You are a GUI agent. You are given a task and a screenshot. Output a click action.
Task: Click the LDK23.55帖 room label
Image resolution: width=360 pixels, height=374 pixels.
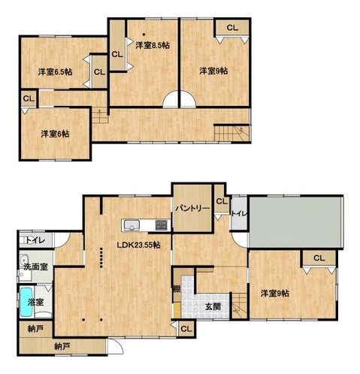[139, 245]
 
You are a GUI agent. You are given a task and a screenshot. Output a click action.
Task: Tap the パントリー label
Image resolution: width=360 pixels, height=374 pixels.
[192, 208]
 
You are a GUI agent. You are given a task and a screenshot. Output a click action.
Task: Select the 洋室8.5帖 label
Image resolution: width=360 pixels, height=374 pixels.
[153, 45]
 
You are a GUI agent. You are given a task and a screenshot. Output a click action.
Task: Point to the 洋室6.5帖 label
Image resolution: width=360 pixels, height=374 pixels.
[56, 72]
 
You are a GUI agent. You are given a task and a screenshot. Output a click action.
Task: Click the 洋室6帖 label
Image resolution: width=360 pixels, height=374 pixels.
[55, 134]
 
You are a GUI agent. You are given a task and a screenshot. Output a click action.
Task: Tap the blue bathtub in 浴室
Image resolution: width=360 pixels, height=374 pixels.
[26, 302]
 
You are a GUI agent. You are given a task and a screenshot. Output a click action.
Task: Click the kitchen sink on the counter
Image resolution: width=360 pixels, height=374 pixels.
[131, 225]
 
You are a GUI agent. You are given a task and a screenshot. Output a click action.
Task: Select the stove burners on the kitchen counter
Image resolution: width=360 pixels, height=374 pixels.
[162, 225]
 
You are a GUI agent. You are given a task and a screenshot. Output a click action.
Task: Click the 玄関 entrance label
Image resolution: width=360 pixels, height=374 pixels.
[213, 307]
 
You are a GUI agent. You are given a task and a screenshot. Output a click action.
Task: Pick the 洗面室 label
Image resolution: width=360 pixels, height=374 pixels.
[35, 267]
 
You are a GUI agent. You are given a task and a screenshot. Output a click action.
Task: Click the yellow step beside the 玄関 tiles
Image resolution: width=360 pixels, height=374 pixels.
[177, 310]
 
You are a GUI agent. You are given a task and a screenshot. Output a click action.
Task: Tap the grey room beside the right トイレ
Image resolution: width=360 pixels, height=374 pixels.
[295, 222]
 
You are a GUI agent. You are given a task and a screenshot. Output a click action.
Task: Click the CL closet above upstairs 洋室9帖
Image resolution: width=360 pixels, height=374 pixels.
[232, 28]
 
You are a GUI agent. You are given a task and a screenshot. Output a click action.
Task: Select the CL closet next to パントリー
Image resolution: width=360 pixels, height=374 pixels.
[222, 201]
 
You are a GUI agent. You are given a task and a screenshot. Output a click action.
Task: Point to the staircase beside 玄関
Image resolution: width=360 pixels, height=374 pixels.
[239, 306]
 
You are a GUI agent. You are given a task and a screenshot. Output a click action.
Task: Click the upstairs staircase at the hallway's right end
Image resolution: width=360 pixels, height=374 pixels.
[232, 133]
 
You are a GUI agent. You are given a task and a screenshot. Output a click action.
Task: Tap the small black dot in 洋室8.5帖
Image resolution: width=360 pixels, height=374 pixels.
[144, 35]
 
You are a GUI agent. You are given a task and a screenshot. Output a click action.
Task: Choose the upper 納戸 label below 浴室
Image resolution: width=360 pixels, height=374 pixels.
[35, 330]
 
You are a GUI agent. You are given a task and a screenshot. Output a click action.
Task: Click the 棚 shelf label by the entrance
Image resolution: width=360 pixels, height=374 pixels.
[177, 289]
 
